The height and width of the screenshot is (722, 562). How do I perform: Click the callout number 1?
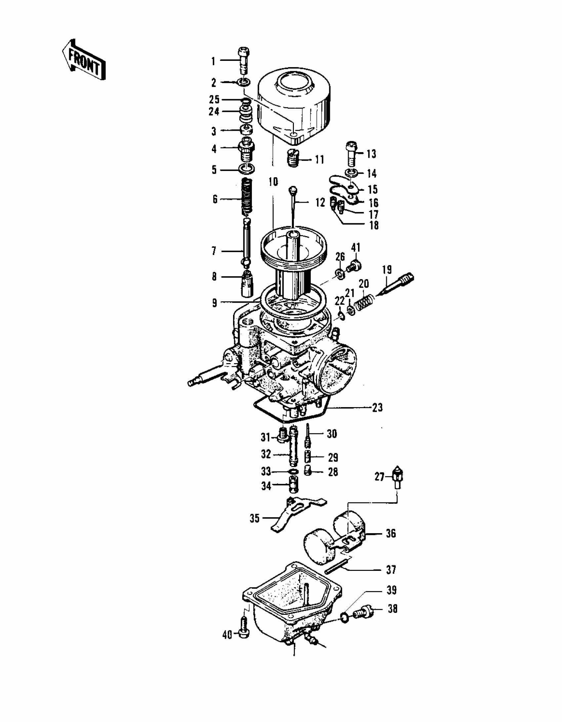[x=213, y=61]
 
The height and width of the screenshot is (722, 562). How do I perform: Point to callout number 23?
[x=377, y=407]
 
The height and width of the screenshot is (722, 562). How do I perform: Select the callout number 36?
[x=391, y=533]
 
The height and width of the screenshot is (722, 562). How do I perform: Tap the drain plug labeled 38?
[x=363, y=612]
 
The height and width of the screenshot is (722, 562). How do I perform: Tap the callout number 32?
[x=266, y=454]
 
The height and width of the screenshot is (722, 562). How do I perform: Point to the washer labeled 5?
[x=247, y=169]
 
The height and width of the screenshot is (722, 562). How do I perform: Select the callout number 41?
[x=355, y=247]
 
